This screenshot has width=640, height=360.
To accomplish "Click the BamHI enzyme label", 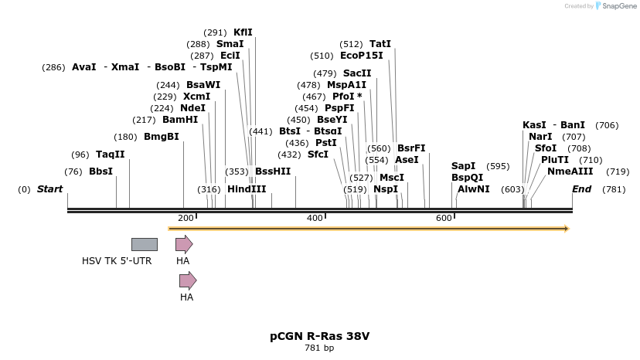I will click(180, 120).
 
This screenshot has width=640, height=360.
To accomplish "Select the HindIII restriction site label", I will click(247, 189).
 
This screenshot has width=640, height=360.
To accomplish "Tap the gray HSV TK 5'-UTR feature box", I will click(144, 245).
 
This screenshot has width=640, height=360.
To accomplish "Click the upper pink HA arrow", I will click(183, 245).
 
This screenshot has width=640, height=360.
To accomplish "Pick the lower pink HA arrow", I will click(187, 280).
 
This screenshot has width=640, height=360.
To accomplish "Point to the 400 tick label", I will click(315, 219).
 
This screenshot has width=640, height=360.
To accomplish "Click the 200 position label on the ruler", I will click(186, 219).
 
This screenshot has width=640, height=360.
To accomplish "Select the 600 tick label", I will click(444, 219).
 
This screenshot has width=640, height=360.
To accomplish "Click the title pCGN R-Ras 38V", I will click(319, 336).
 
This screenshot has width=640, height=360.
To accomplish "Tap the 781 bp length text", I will click(319, 348).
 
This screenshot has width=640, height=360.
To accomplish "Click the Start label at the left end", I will click(49, 189).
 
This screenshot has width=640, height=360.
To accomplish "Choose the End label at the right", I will click(581, 189).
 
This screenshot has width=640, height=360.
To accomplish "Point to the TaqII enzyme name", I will click(110, 155).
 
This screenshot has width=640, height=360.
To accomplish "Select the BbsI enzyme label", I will click(100, 172).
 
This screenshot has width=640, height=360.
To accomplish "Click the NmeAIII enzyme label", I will click(570, 172).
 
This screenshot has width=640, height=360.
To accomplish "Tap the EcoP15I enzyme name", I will click(361, 56).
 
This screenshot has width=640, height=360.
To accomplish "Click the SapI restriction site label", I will click(463, 166).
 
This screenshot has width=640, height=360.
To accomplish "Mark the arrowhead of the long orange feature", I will click(566, 229).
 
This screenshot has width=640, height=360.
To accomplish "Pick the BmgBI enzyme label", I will click(161, 137).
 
